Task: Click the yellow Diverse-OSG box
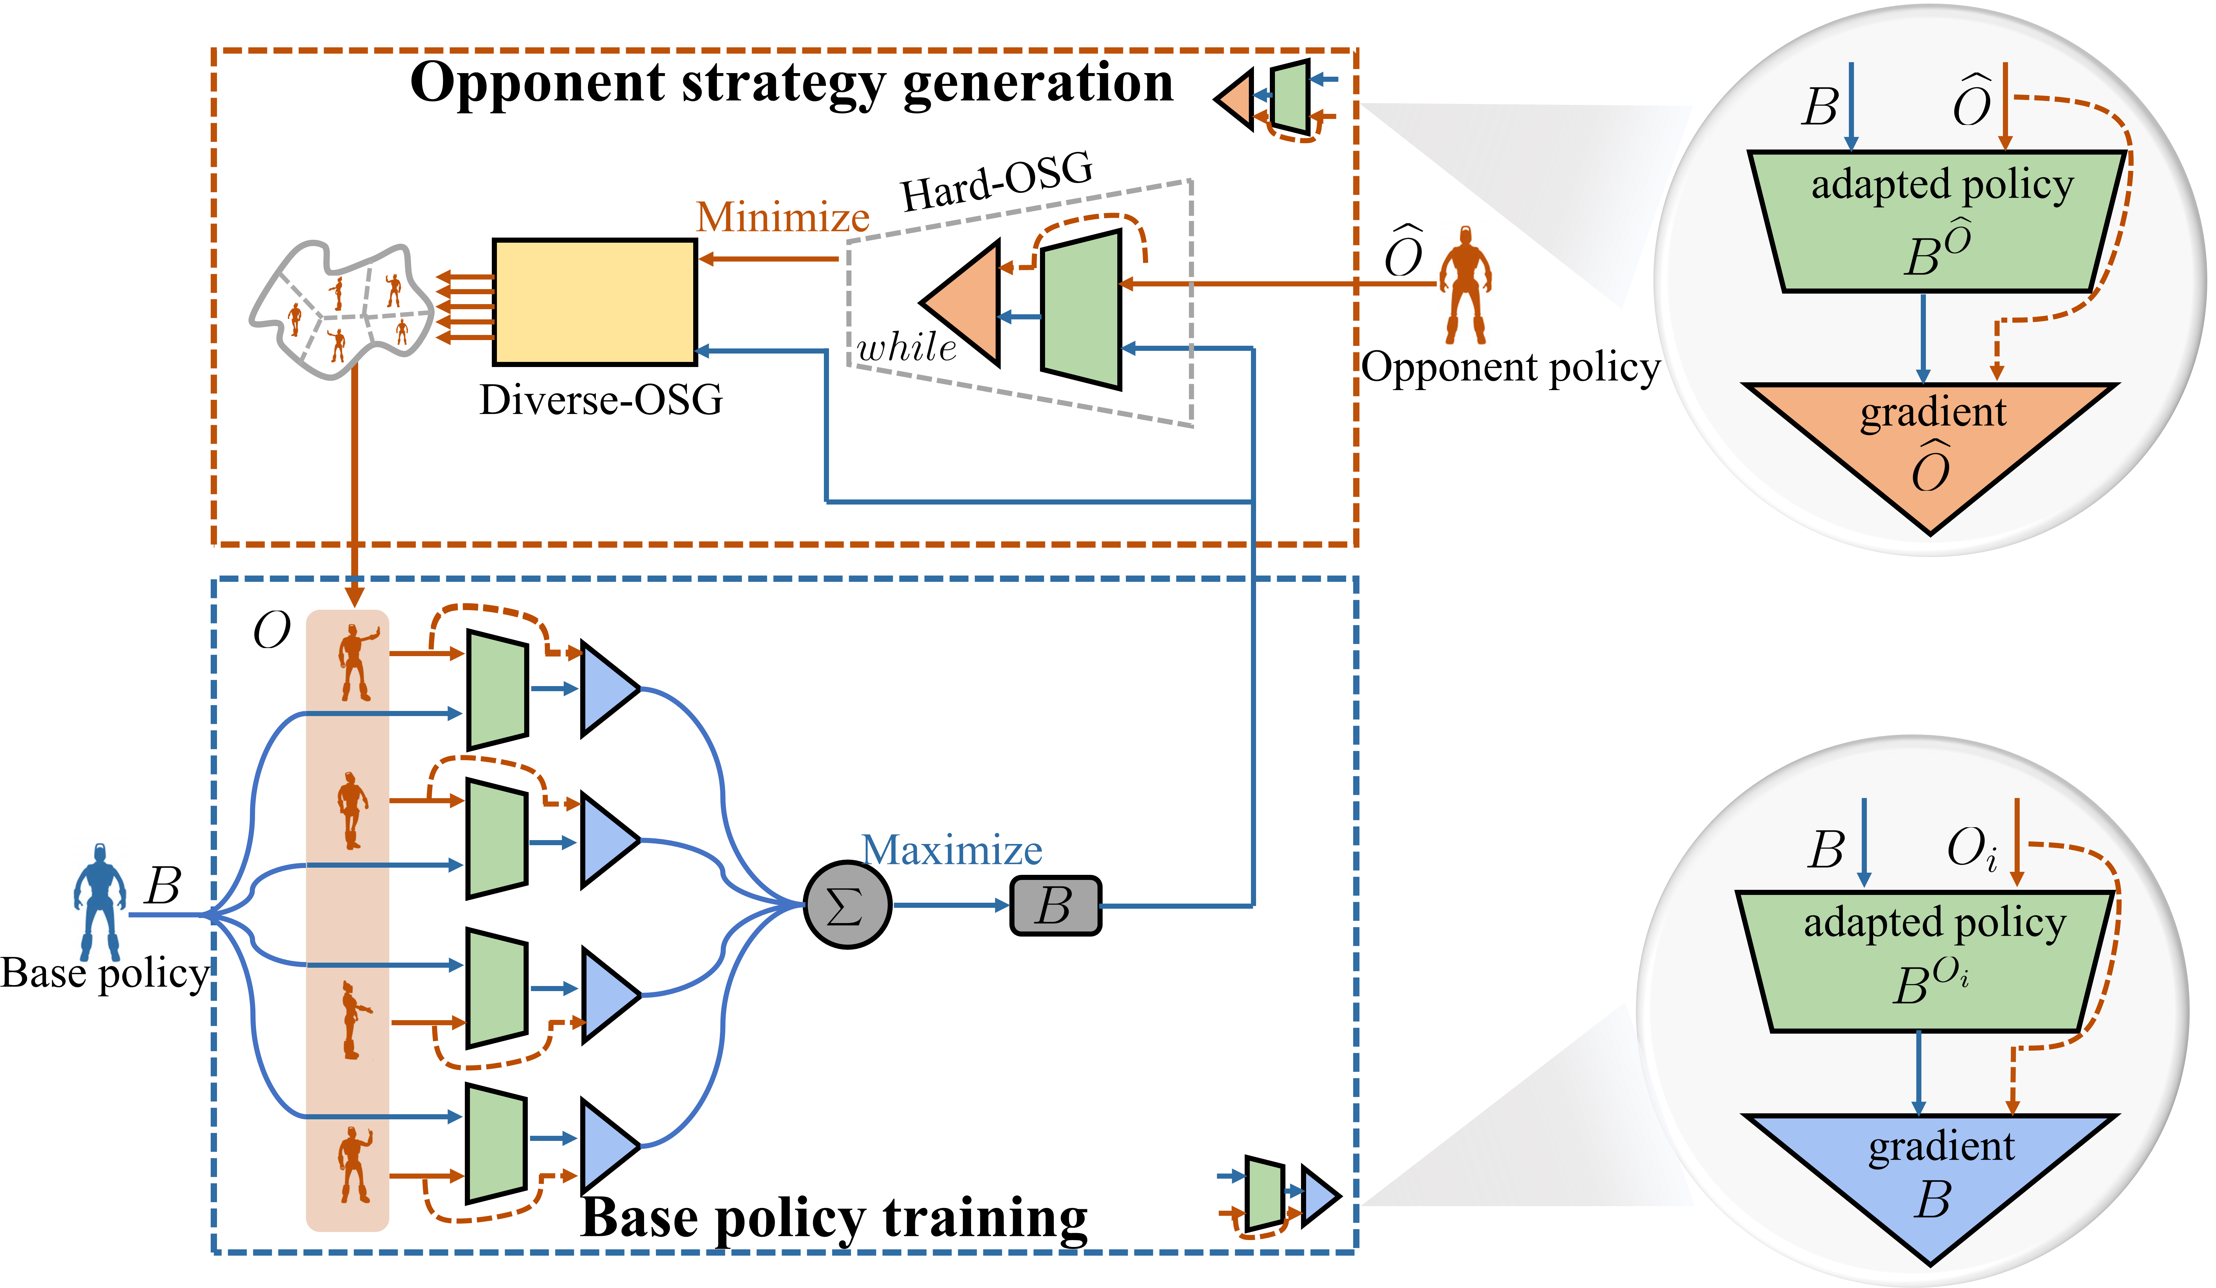pyautogui.click(x=594, y=302)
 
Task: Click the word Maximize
pyautogui.click(x=952, y=850)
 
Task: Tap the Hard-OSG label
pyautogui.click(x=996, y=181)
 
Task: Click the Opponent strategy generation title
pyautogui.click(x=792, y=84)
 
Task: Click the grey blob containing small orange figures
pyautogui.click(x=343, y=308)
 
